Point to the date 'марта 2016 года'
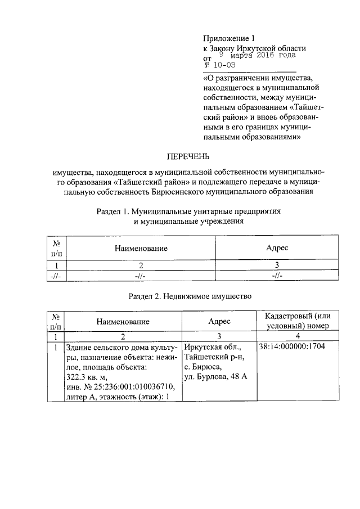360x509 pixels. pos(260,56)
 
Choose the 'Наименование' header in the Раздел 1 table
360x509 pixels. pos(141,248)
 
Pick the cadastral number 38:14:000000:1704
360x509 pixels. pos(292,347)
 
